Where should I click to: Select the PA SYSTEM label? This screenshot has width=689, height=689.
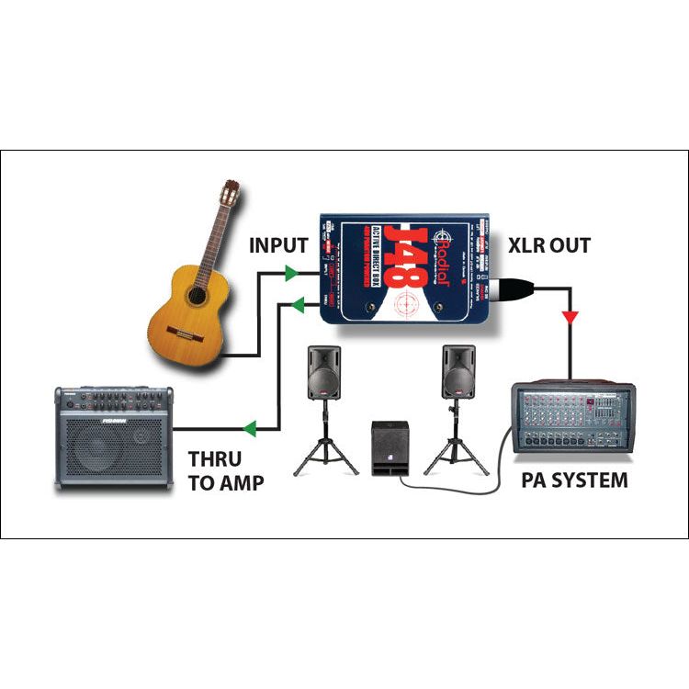(574, 479)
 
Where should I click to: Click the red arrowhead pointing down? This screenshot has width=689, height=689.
(571, 318)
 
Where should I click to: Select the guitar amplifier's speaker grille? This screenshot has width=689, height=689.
(104, 451)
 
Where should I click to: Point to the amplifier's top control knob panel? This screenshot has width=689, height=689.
(113, 401)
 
